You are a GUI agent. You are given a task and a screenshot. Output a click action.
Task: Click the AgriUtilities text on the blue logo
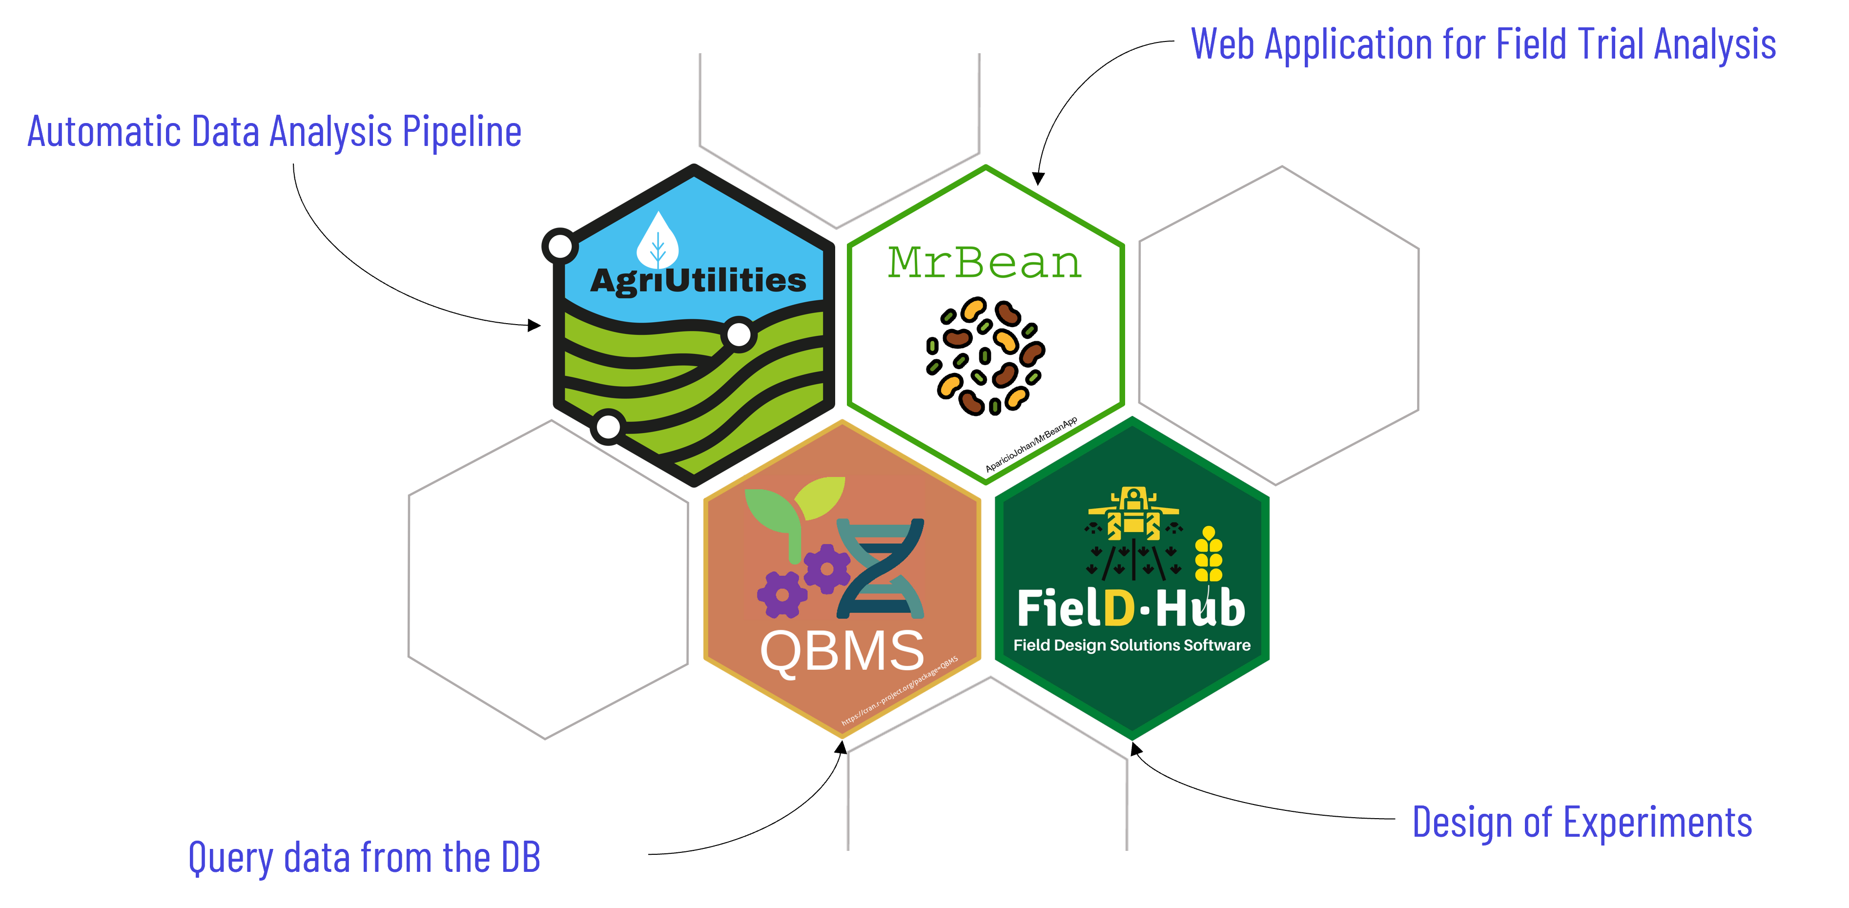point(698,281)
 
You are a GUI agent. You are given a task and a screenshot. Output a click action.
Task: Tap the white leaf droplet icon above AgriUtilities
point(657,241)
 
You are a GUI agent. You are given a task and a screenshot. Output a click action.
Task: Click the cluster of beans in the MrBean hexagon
point(985,355)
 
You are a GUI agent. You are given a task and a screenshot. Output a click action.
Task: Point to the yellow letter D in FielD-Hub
point(1118,609)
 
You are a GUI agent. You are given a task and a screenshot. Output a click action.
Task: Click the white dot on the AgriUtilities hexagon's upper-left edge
point(560,246)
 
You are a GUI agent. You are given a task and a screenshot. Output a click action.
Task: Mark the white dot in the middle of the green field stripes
point(739,334)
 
